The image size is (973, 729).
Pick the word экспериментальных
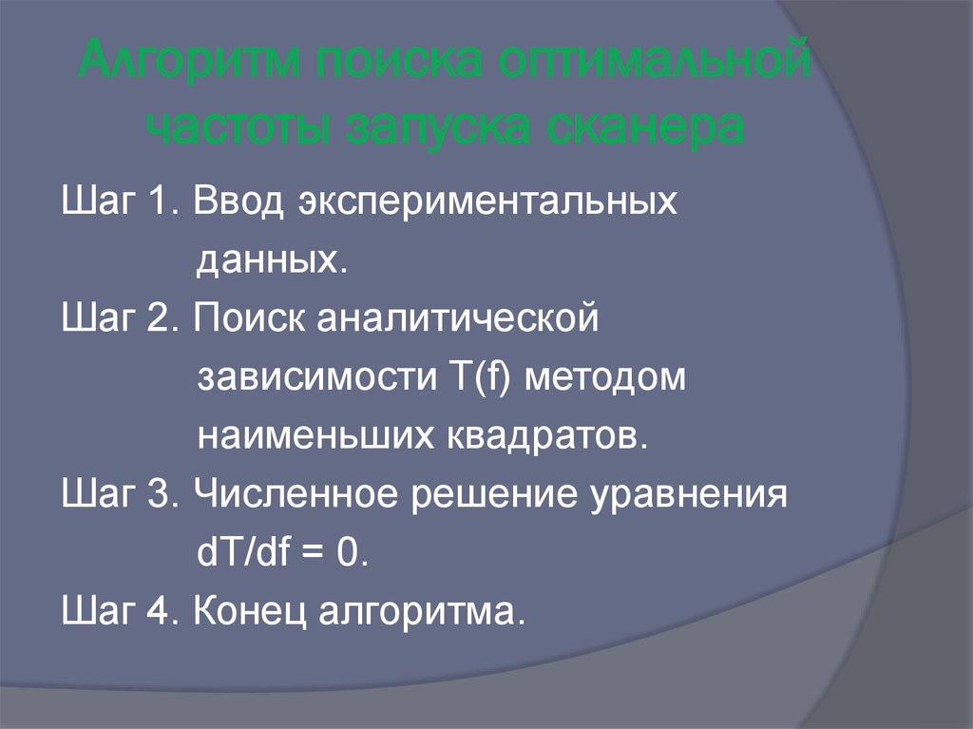point(488,203)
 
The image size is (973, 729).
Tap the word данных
point(268,259)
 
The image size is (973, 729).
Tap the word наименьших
point(315,434)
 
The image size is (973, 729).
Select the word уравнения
point(693,496)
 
